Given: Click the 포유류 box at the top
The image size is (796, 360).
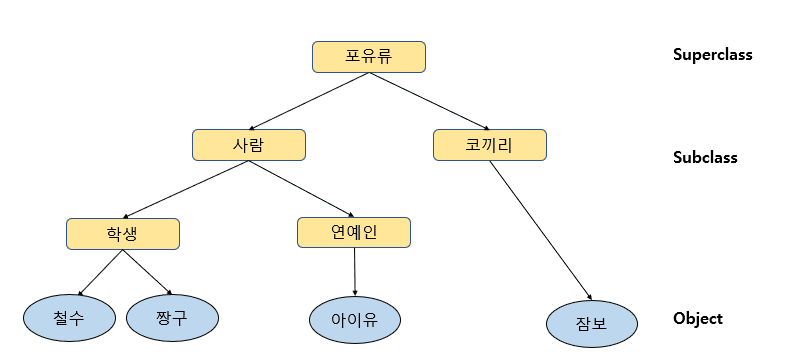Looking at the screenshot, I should [x=369, y=57].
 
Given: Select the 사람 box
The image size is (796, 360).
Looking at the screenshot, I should [x=248, y=145].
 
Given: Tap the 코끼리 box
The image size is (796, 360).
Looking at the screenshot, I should [x=489, y=145].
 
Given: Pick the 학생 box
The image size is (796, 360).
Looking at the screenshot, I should [x=123, y=233].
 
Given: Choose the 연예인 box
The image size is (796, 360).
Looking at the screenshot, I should [x=354, y=232].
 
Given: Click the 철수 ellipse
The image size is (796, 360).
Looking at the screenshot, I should [x=69, y=317].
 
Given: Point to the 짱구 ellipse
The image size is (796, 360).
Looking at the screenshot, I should [x=171, y=317].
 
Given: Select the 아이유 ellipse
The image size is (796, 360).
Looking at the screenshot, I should [x=355, y=319].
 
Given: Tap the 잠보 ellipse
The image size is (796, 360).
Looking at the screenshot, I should [x=591, y=323].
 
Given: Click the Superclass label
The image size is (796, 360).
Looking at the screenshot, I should [x=712, y=55].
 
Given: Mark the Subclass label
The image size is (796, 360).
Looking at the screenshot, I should [x=704, y=157].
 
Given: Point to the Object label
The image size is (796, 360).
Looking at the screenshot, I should [x=697, y=319].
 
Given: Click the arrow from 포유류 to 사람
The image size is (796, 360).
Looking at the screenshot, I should [x=308, y=101].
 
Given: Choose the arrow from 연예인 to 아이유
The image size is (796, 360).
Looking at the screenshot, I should [x=355, y=272].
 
